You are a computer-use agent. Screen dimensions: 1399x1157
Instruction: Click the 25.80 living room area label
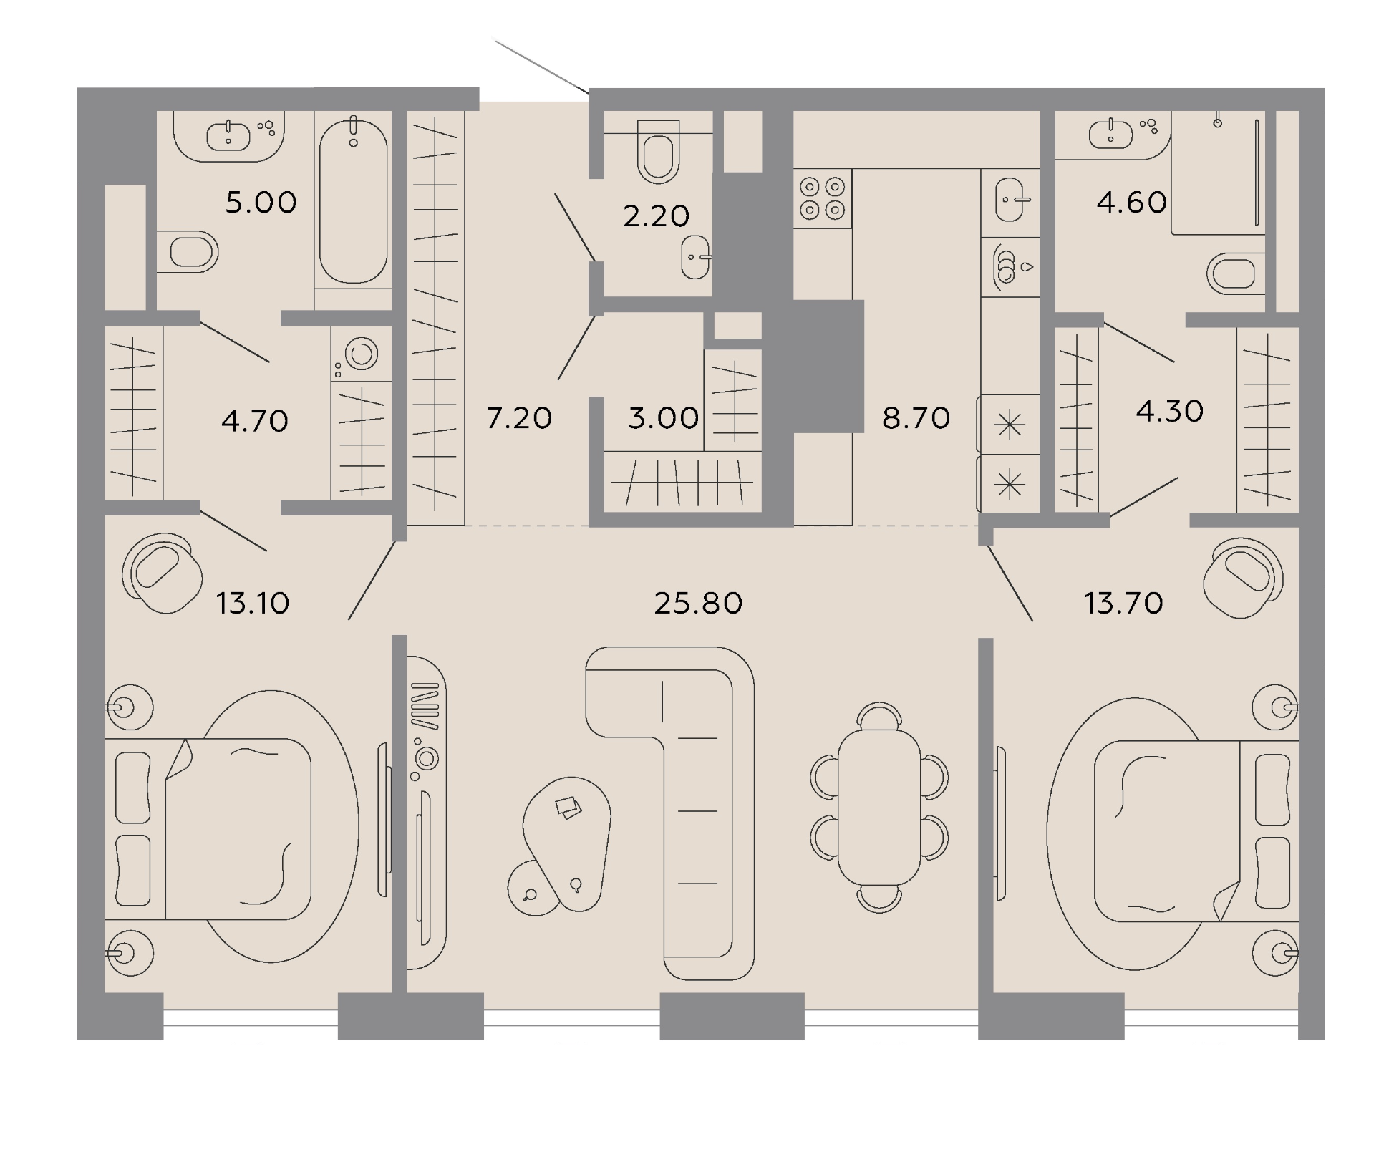point(698,604)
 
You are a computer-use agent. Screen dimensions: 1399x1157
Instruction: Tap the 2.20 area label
point(656,216)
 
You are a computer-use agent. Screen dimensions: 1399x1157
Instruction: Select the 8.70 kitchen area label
point(916,417)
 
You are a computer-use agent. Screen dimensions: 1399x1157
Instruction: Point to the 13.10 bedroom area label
point(253,604)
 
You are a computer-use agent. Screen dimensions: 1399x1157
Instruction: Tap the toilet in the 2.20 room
point(658,151)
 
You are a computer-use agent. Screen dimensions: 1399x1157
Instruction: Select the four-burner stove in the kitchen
point(823,198)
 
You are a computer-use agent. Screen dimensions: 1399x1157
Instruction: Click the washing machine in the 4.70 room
point(362,354)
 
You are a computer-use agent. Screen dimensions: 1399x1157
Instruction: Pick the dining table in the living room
point(879,808)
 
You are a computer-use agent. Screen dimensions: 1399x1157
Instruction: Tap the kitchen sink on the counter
point(1010,199)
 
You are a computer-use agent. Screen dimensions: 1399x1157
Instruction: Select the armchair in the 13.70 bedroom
point(1243,577)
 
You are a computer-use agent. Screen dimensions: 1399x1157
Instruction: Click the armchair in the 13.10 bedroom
point(162,573)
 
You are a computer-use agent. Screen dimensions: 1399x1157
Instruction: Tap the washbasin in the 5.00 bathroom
point(229,135)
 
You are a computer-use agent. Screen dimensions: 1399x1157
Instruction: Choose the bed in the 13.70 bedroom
point(1196,831)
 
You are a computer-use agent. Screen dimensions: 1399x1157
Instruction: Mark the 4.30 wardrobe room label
point(1169,412)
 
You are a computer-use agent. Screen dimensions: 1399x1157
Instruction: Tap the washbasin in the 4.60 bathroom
point(1110,134)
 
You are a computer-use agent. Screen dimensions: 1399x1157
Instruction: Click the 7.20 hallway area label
point(519,417)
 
